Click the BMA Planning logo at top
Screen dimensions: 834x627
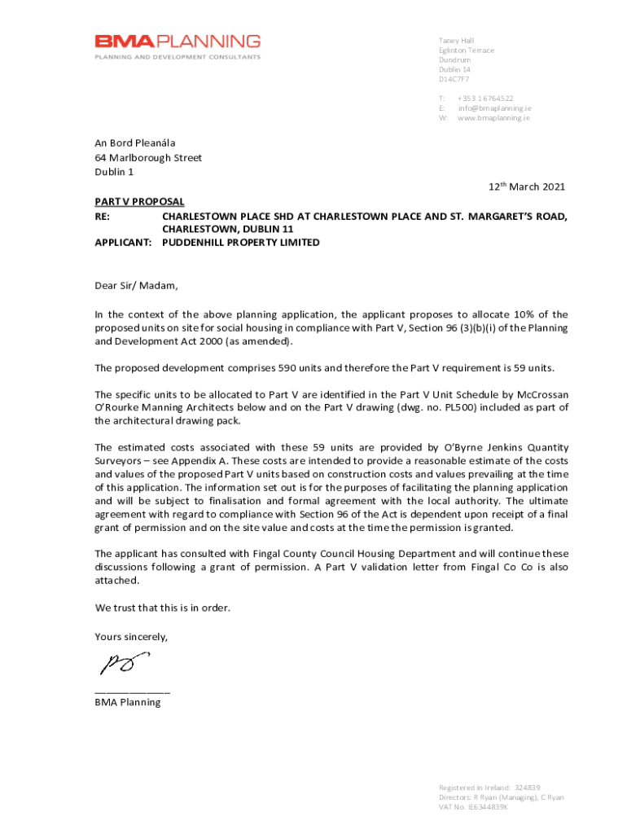[x=178, y=46]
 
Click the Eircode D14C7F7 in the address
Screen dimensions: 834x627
[x=454, y=80]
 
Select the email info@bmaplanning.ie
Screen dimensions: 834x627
[x=494, y=108]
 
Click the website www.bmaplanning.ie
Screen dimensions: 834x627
[x=493, y=117]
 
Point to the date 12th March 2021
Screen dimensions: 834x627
[x=526, y=187]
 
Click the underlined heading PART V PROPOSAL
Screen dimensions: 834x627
[x=139, y=201]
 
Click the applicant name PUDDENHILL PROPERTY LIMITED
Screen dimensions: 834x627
[x=241, y=243]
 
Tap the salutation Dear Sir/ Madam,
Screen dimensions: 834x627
[x=135, y=286]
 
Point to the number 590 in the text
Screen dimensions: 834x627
[x=289, y=367]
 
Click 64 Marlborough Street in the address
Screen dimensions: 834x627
[x=148, y=158]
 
